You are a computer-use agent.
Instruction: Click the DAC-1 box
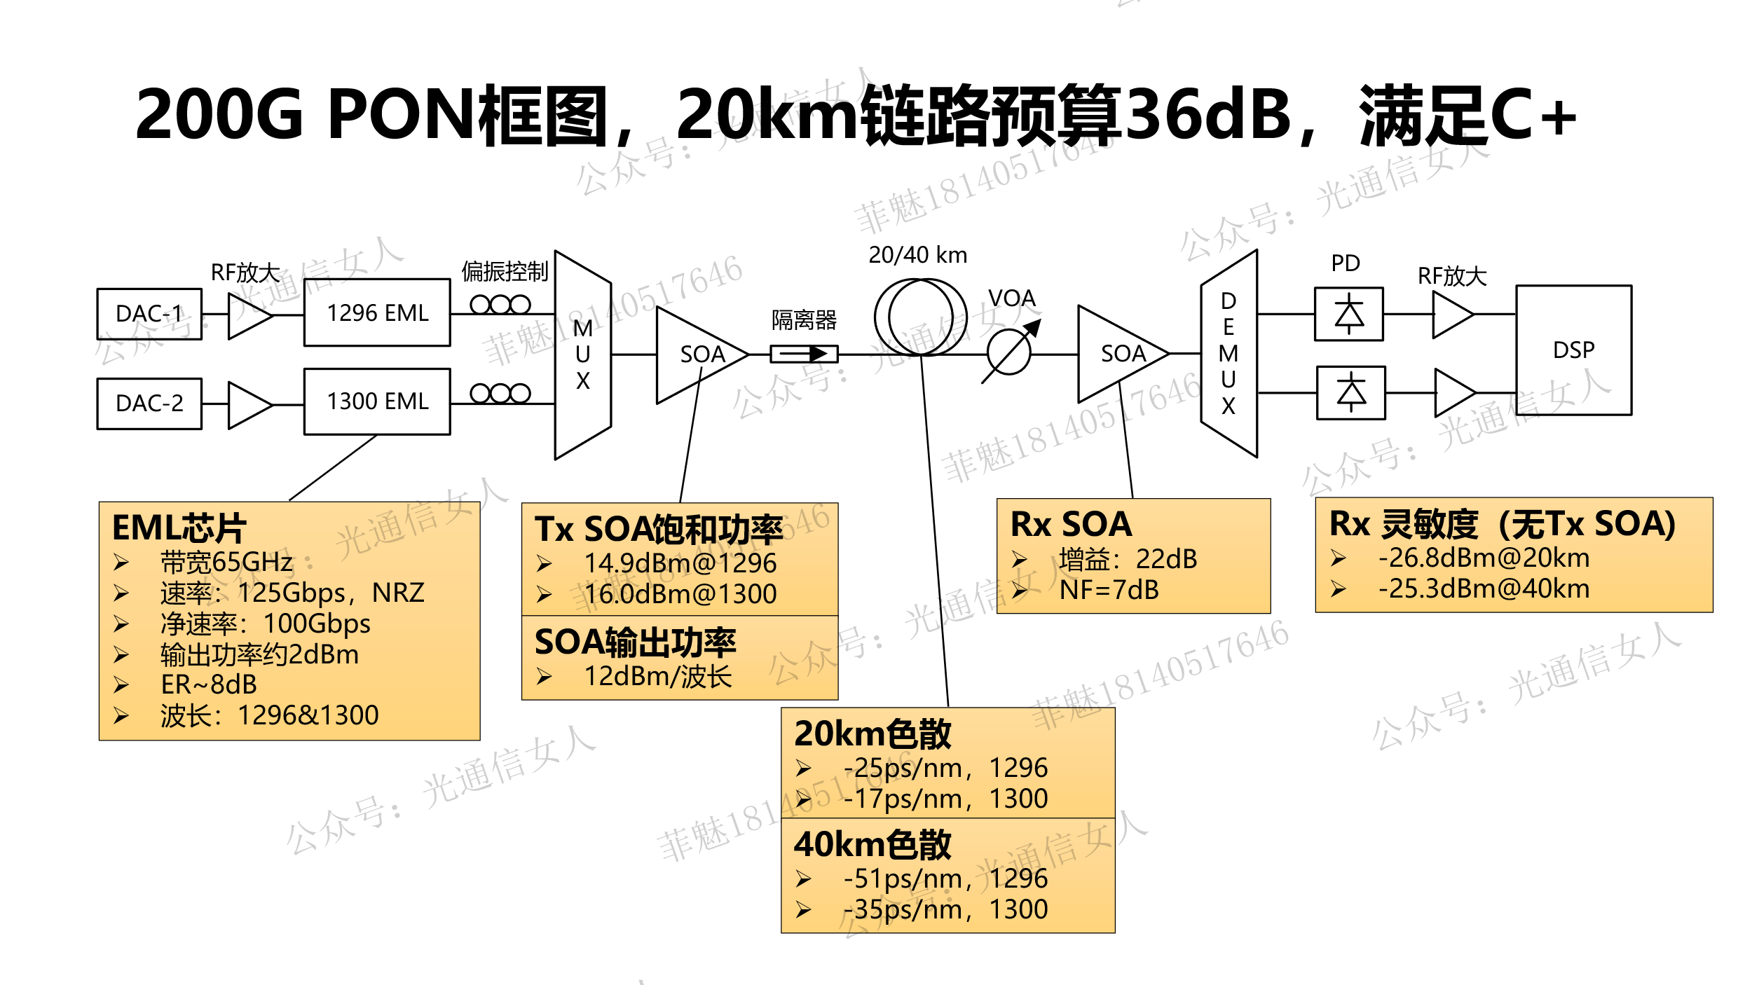point(149,314)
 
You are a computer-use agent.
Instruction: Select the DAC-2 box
point(149,404)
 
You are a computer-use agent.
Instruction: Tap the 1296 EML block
point(377,312)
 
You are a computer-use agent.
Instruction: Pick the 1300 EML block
point(377,401)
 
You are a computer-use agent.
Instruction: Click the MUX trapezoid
point(582,354)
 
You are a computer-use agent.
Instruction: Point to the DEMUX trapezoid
point(1229,354)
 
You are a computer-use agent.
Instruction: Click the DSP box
point(1573,350)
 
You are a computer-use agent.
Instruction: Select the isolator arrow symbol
point(804,354)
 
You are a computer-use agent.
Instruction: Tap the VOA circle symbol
point(1009,352)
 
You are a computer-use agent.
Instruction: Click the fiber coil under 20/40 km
point(920,317)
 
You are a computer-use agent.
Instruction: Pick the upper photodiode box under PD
point(1348,314)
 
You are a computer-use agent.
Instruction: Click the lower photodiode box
point(1350,393)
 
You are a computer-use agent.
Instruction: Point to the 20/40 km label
point(917,255)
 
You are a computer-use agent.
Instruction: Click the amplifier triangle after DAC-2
point(249,405)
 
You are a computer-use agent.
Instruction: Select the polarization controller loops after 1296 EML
point(500,305)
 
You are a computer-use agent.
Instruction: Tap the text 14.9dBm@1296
point(680,563)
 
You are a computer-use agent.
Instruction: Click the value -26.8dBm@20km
point(1484,558)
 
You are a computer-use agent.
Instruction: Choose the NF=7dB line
point(1109,591)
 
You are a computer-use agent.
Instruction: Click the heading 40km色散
point(872,845)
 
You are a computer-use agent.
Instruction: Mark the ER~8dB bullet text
point(209,684)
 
